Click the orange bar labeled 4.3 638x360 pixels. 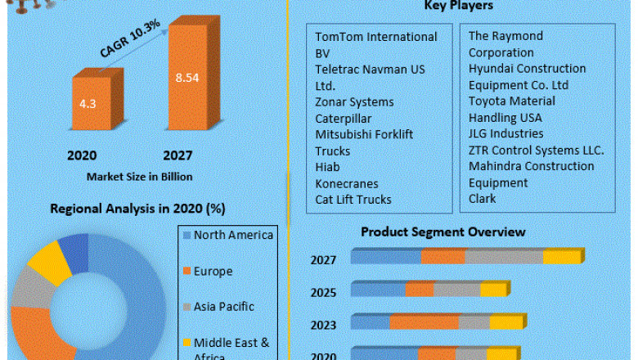88,104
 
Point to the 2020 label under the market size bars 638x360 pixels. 82,155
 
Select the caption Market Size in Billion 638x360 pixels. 134,176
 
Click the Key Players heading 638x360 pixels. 458,7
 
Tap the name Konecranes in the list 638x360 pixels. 348,183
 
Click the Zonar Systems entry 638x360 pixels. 354,101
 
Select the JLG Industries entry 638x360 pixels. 505,133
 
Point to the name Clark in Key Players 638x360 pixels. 483,199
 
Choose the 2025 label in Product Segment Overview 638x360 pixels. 323,291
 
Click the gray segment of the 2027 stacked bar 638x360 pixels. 502,258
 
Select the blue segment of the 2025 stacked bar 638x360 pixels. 377,290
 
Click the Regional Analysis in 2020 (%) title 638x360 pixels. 137,209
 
